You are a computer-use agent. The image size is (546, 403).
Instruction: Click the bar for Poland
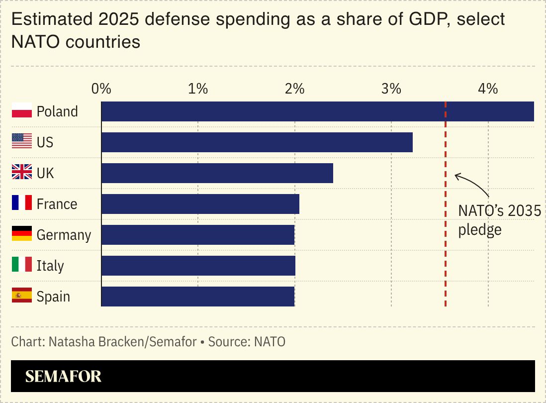pos(317,111)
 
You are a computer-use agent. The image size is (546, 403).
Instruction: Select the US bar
pos(257,142)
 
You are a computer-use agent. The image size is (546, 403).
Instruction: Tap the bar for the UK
pos(217,173)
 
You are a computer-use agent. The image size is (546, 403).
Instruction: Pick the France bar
pos(200,204)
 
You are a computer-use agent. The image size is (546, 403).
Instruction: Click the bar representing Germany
pos(197,235)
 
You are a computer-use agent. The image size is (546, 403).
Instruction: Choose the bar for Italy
pos(198,266)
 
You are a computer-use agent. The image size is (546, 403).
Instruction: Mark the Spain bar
pos(197,297)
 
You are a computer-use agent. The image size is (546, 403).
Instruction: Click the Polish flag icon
pos(22,111)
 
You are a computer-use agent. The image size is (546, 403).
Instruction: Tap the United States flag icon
pos(22,142)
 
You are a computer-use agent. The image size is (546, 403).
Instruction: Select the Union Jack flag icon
pos(22,173)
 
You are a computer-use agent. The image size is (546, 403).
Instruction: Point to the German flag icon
pos(22,234)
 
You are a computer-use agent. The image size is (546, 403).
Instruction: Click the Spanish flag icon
pos(22,296)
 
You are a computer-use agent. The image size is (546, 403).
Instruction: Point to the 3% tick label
pos(391,89)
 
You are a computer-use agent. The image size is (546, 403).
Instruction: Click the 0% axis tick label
pos(101,89)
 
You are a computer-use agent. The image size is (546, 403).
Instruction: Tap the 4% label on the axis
pos(488,89)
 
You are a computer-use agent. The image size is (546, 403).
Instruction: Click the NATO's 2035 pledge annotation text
pos(499,220)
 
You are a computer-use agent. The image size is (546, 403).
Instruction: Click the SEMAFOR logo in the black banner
pos(63,377)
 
